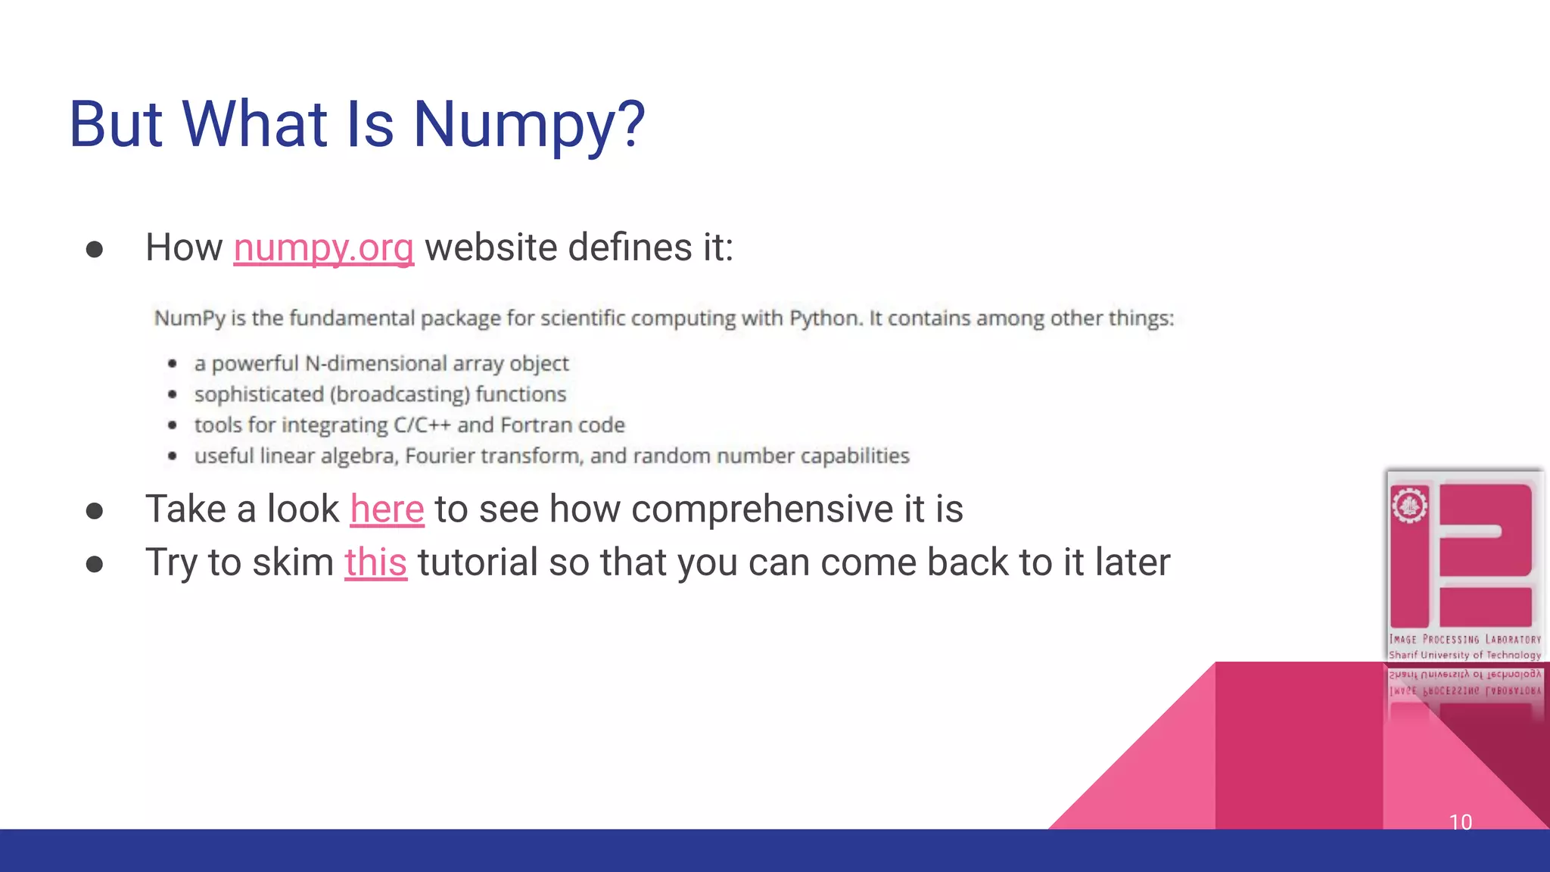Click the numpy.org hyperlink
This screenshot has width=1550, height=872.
(323, 248)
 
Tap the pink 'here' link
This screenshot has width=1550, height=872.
(387, 509)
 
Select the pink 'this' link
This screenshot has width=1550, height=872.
(375, 562)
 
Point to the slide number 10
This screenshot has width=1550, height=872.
(1460, 822)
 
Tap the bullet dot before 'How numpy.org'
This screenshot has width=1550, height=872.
(95, 249)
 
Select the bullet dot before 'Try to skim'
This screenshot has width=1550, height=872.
(95, 564)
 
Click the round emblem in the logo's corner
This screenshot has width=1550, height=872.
(1409, 506)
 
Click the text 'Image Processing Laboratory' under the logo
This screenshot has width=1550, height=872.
(1464, 640)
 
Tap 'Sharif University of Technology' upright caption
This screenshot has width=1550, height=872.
(1464, 655)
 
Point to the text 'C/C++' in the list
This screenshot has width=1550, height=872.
(422, 425)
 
